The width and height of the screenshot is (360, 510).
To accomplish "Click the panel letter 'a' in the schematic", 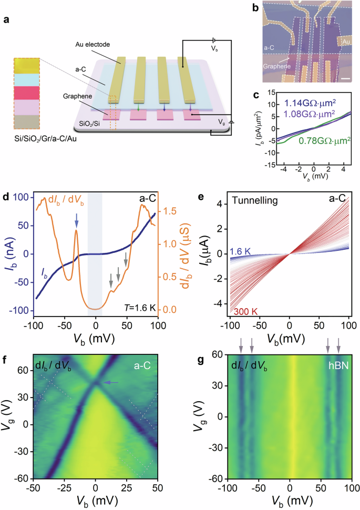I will [6, 21].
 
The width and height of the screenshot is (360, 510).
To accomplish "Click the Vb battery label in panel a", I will [213, 47].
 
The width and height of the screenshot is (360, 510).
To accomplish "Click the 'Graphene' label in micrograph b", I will [278, 67].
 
